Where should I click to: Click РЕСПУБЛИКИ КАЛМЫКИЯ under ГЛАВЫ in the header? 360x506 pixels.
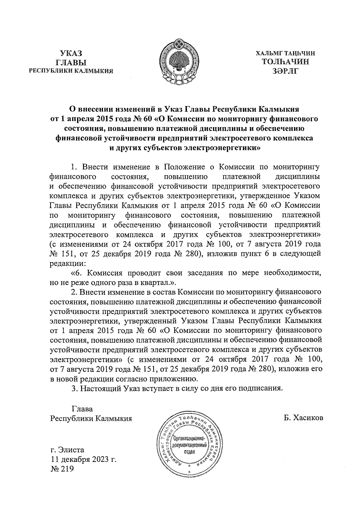[71, 71]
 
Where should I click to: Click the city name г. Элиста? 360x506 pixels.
[67, 450]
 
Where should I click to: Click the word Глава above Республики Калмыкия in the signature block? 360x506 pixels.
[82, 409]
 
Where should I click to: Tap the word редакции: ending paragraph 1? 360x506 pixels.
[67, 264]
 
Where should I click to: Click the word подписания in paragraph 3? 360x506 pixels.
[260, 388]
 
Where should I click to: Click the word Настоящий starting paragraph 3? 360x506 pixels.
[101, 388]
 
